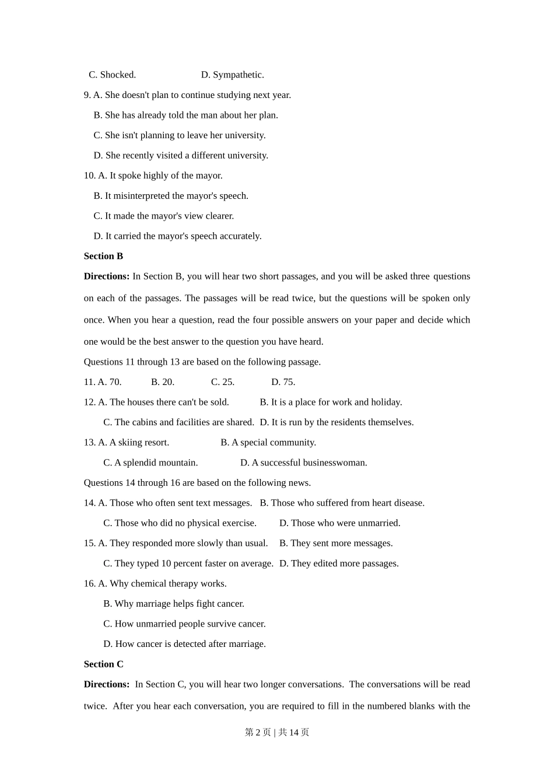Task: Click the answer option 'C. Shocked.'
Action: click(x=112, y=75)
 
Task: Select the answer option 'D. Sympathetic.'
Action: click(x=232, y=75)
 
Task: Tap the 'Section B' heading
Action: click(x=103, y=256)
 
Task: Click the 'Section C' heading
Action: click(x=103, y=664)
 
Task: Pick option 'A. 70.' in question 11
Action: click(x=110, y=382)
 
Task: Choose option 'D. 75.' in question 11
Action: click(x=283, y=382)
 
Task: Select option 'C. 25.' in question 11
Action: click(x=223, y=382)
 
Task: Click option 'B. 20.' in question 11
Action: click(x=163, y=382)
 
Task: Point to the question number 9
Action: click(x=87, y=95)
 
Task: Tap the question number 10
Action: click(x=89, y=176)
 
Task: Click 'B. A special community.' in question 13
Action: click(x=268, y=443)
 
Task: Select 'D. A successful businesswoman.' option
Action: click(x=303, y=463)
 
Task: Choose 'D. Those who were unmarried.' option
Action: click(x=339, y=523)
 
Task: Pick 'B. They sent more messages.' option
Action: click(x=336, y=543)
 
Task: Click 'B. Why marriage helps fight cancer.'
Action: click(x=174, y=604)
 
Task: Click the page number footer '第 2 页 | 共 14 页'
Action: click(x=277, y=732)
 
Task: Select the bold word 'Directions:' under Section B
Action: click(x=107, y=276)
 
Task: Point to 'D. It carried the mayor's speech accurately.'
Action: click(x=177, y=236)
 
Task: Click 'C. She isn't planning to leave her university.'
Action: click(x=180, y=135)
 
